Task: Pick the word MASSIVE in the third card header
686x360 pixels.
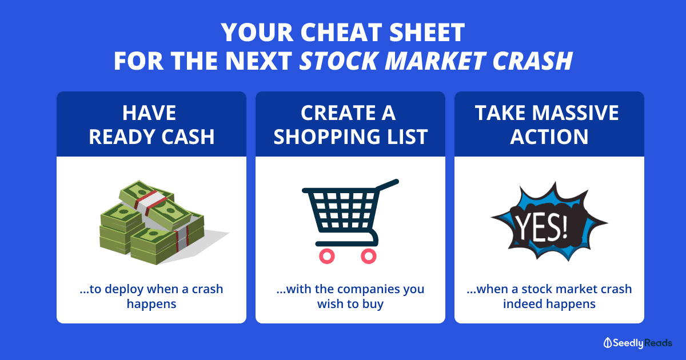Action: (x=575, y=113)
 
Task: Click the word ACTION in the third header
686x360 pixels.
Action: (x=549, y=137)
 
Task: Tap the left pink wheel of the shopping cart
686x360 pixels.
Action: (x=327, y=256)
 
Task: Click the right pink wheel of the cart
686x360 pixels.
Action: (x=368, y=256)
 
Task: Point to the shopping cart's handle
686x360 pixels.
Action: (x=387, y=185)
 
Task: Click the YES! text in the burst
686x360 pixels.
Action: (x=541, y=227)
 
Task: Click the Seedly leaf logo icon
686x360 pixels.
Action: (x=607, y=343)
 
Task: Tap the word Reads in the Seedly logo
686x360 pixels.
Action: (x=658, y=343)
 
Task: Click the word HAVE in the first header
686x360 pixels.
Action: (x=149, y=113)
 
